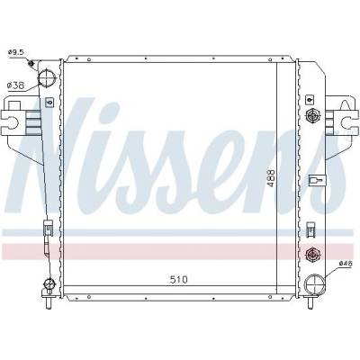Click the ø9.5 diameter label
coord(16,52)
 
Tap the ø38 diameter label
coord(15,85)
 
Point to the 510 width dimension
coord(179,280)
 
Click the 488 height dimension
coord(271,178)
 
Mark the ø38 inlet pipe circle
coord(48,77)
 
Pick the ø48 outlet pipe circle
coord(315,283)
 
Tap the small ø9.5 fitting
coord(31,63)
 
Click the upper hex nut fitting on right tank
coord(312,114)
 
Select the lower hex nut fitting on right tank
coord(312,255)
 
